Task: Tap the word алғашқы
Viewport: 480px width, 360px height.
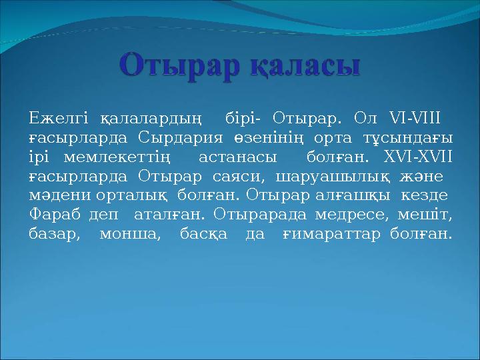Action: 357,196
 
